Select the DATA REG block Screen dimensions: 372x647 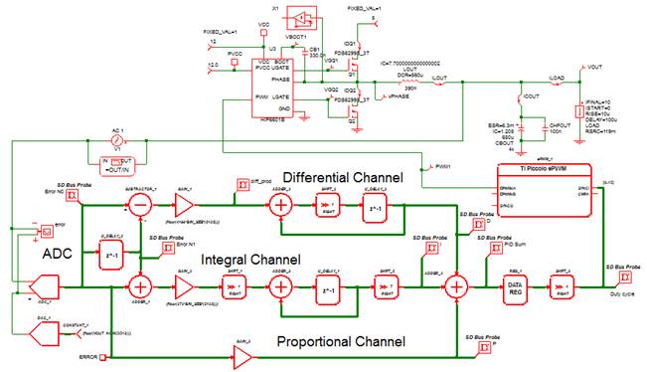click(x=515, y=286)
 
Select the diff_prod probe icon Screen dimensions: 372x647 click(x=242, y=183)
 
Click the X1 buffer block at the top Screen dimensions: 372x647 click(x=301, y=16)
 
